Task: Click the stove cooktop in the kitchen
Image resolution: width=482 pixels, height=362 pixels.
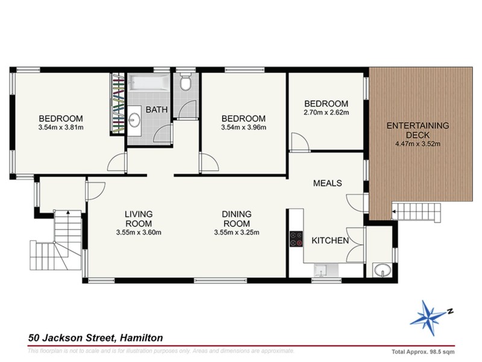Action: point(296,240)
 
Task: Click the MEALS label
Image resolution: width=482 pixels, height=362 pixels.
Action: point(327,183)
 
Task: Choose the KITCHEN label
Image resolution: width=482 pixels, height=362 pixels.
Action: point(330,241)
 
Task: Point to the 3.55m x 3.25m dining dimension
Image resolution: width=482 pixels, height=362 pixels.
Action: point(236,232)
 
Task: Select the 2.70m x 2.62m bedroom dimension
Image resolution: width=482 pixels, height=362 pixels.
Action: point(326,112)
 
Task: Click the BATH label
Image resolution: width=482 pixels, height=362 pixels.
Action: point(157,110)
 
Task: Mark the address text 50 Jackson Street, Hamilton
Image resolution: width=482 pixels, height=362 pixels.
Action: point(95,338)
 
